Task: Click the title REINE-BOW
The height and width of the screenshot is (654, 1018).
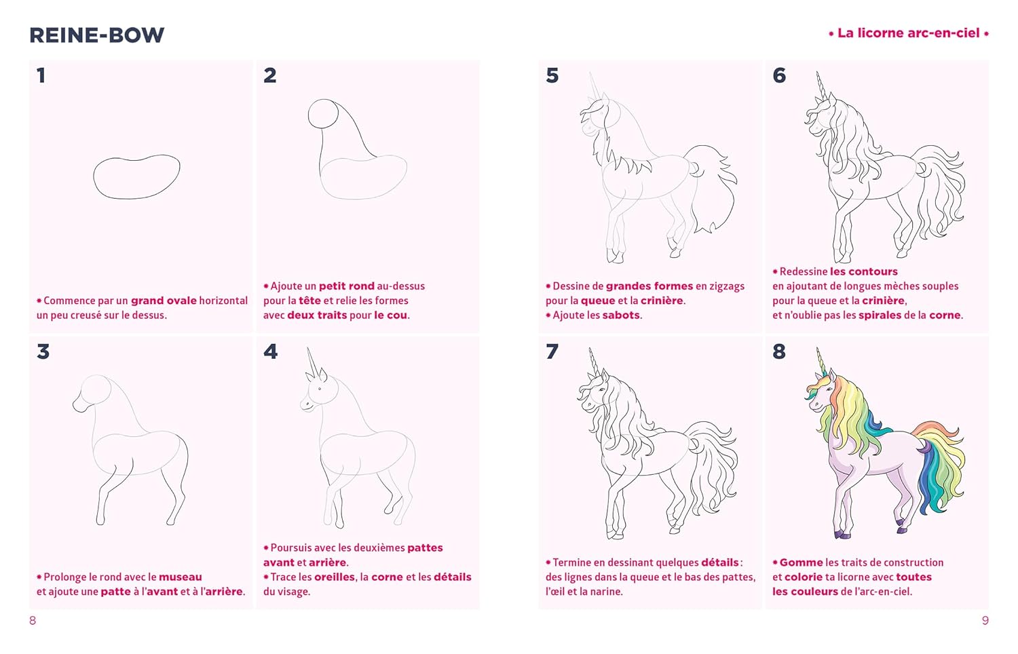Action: pos(97,35)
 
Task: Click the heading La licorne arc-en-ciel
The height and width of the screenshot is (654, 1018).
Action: pos(909,33)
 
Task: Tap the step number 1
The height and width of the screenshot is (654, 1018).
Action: pos(41,75)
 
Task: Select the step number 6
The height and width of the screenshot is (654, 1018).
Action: pos(779,75)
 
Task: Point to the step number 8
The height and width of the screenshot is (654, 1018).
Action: pos(779,351)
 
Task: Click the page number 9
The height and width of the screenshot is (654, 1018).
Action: pos(985,620)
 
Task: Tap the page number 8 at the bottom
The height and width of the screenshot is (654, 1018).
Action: pos(33,620)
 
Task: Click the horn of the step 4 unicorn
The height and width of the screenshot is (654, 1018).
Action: pos(312,364)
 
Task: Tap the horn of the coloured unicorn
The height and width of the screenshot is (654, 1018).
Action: pos(821,362)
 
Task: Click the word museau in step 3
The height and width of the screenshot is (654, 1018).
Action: pos(181,577)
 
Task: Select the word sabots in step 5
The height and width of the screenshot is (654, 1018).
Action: pos(621,315)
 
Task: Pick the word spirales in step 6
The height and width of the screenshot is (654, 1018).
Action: pos(880,315)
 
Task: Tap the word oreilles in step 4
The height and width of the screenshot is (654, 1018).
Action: pos(334,577)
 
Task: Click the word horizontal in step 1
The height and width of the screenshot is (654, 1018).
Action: pos(223,301)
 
